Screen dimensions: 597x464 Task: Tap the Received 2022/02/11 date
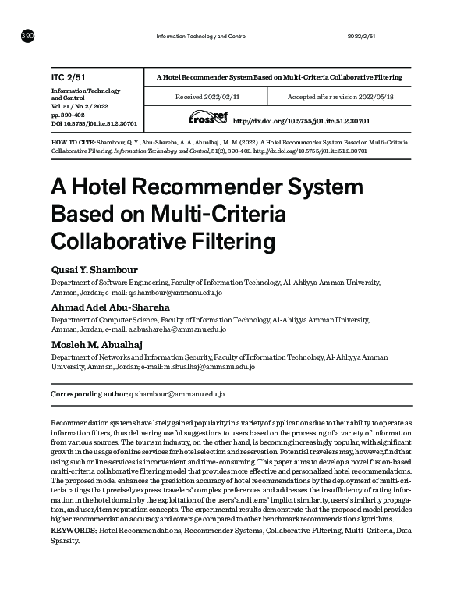[x=206, y=96]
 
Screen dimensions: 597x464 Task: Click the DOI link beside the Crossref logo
[x=301, y=122]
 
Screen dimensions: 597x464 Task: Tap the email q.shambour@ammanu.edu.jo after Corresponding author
[x=177, y=394]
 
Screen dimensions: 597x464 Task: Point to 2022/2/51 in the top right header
[x=361, y=37]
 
